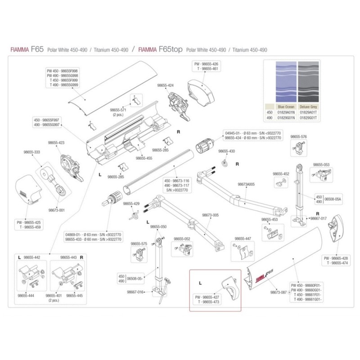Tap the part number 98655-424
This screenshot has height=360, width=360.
point(166,85)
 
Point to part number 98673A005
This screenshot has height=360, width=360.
point(246,184)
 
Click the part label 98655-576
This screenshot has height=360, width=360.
point(298,136)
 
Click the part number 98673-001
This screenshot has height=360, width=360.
point(56,210)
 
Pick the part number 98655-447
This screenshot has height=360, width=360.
point(243,239)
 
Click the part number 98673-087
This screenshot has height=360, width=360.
point(279,292)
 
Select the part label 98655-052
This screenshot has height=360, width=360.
point(182,239)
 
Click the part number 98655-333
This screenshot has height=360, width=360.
point(32,152)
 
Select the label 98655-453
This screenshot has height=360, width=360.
point(270,219)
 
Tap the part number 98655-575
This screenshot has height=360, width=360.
point(139,243)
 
